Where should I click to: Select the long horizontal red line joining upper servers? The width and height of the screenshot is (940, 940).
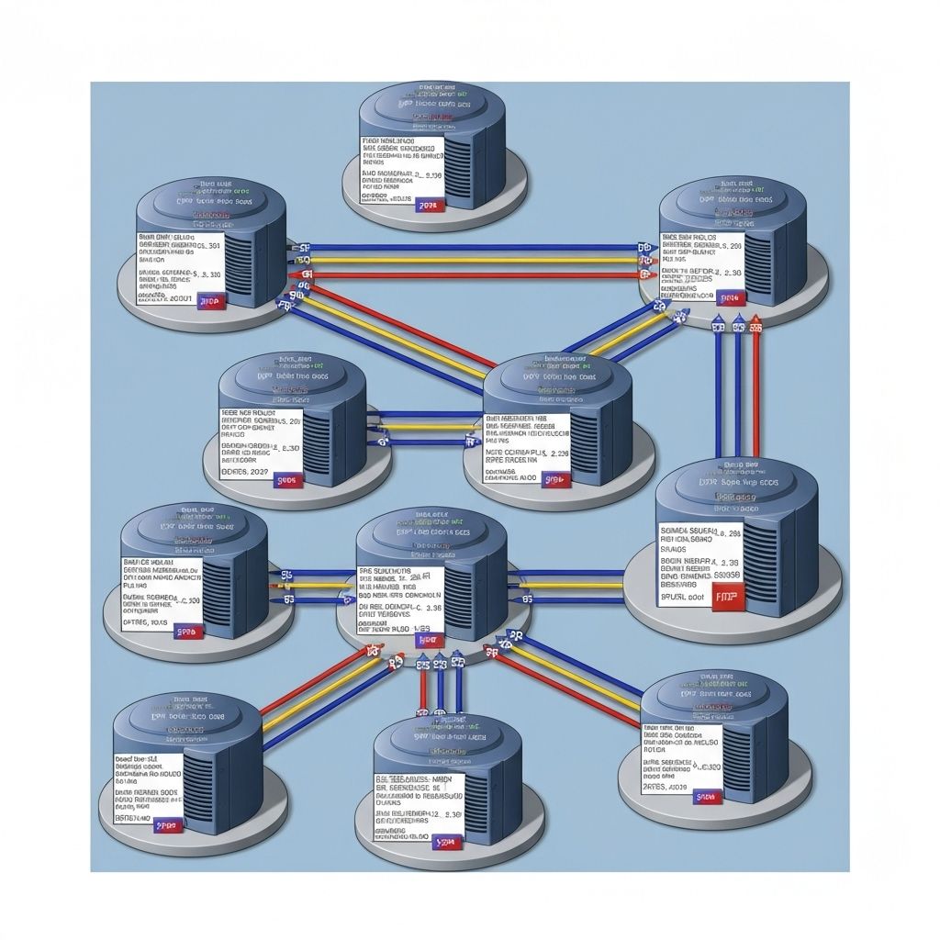[468, 274]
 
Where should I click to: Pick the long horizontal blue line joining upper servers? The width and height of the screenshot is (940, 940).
[468, 247]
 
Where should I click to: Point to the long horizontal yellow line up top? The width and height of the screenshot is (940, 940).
[468, 261]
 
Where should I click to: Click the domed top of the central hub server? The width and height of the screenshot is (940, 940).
[431, 532]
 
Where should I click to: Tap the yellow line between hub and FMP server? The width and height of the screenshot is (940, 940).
[569, 585]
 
